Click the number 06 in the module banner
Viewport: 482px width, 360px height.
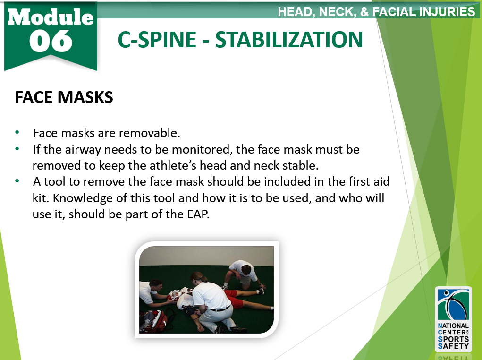[51, 42]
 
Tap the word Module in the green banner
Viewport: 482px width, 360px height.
[51, 17]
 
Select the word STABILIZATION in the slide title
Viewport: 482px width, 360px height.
[289, 40]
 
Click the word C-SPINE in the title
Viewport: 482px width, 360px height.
[157, 40]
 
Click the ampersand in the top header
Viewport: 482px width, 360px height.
[364, 12]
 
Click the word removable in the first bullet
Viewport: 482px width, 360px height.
[149, 133]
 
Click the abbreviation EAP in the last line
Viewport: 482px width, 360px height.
[198, 214]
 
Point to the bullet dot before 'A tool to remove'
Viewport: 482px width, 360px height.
[17, 181]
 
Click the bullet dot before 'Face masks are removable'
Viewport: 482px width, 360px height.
[17, 132]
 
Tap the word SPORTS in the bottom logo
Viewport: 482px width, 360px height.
[453, 339]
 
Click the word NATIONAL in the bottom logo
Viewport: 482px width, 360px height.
[453, 326]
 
